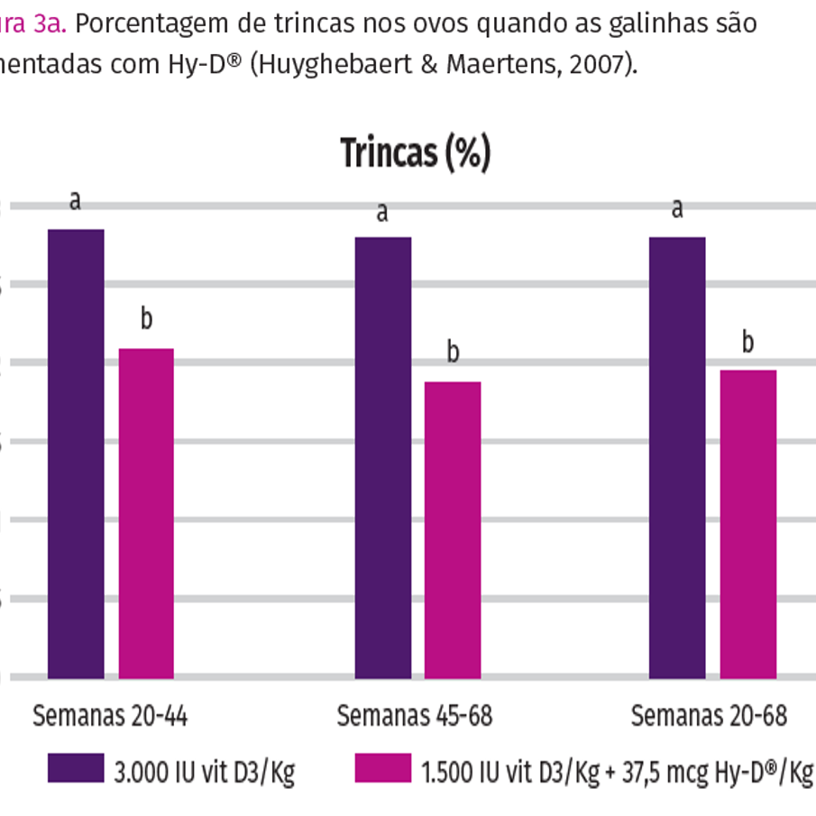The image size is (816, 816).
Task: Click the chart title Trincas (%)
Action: [416, 153]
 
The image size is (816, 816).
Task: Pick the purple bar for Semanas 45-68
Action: [383, 456]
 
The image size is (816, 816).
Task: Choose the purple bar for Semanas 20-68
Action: [677, 456]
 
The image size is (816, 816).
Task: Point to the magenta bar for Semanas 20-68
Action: [747, 523]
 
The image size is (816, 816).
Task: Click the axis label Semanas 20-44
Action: [110, 717]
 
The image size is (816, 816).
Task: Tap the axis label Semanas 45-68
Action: [415, 717]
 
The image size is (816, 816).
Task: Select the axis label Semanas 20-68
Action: [709, 717]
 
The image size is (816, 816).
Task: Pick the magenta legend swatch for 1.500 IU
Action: [383, 768]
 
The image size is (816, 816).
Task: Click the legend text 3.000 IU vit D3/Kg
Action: [204, 772]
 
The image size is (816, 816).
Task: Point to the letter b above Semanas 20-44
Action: [146, 318]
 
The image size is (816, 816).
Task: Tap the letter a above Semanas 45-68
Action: [382, 213]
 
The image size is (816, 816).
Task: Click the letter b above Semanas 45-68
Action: [454, 353]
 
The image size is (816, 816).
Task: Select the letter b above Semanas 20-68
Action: [747, 342]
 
